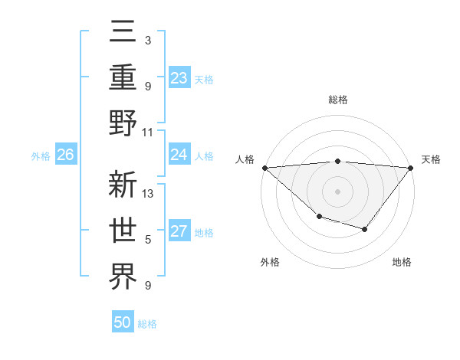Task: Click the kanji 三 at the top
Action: click(123, 34)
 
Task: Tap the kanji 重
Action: click(123, 78)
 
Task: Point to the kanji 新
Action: click(123, 186)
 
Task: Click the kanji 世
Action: click(123, 231)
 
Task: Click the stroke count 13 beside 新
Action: click(149, 194)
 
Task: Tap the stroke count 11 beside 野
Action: click(149, 131)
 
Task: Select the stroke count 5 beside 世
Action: click(147, 240)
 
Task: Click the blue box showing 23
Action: click(179, 77)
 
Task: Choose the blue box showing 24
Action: click(179, 155)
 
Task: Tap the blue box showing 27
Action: click(179, 231)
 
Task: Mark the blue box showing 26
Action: click(65, 155)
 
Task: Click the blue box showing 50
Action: click(123, 322)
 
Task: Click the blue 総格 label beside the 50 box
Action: click(147, 324)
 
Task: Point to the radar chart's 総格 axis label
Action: click(337, 100)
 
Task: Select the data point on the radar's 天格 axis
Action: click(410, 168)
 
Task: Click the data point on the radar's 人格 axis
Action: click(264, 168)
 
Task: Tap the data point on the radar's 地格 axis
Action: click(365, 229)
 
